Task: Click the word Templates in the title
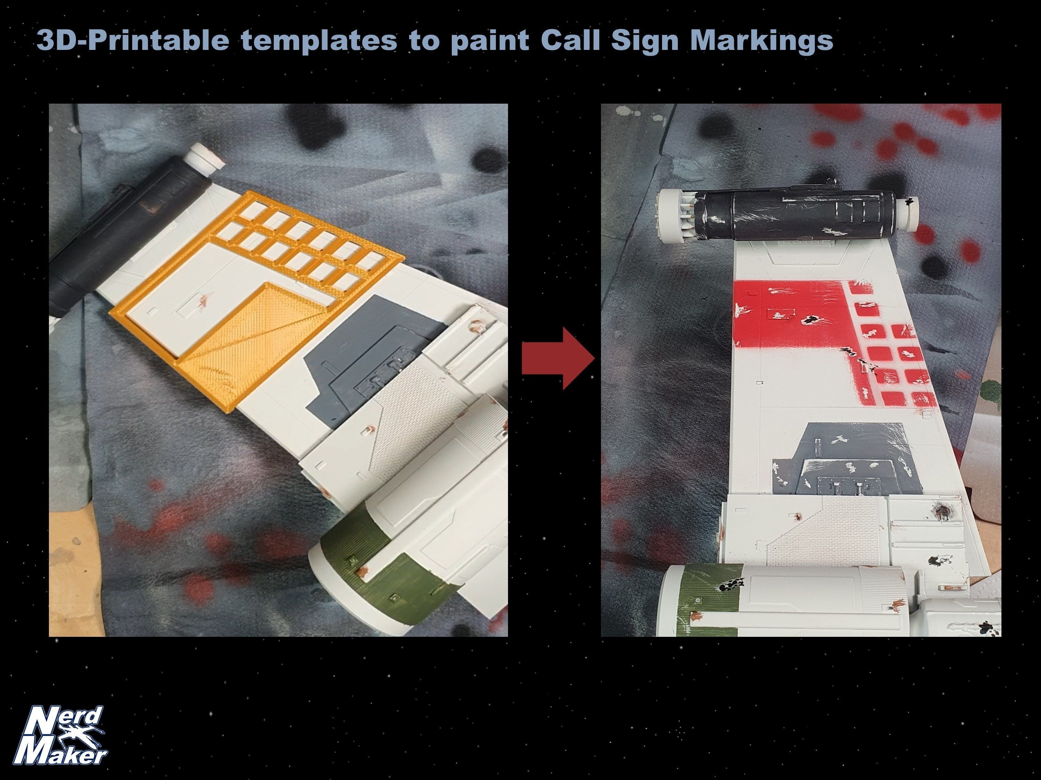[x=320, y=41]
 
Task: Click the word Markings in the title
[x=762, y=41]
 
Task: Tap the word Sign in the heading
[x=645, y=41]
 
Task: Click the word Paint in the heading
[x=489, y=41]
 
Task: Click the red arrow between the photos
[x=558, y=358]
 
